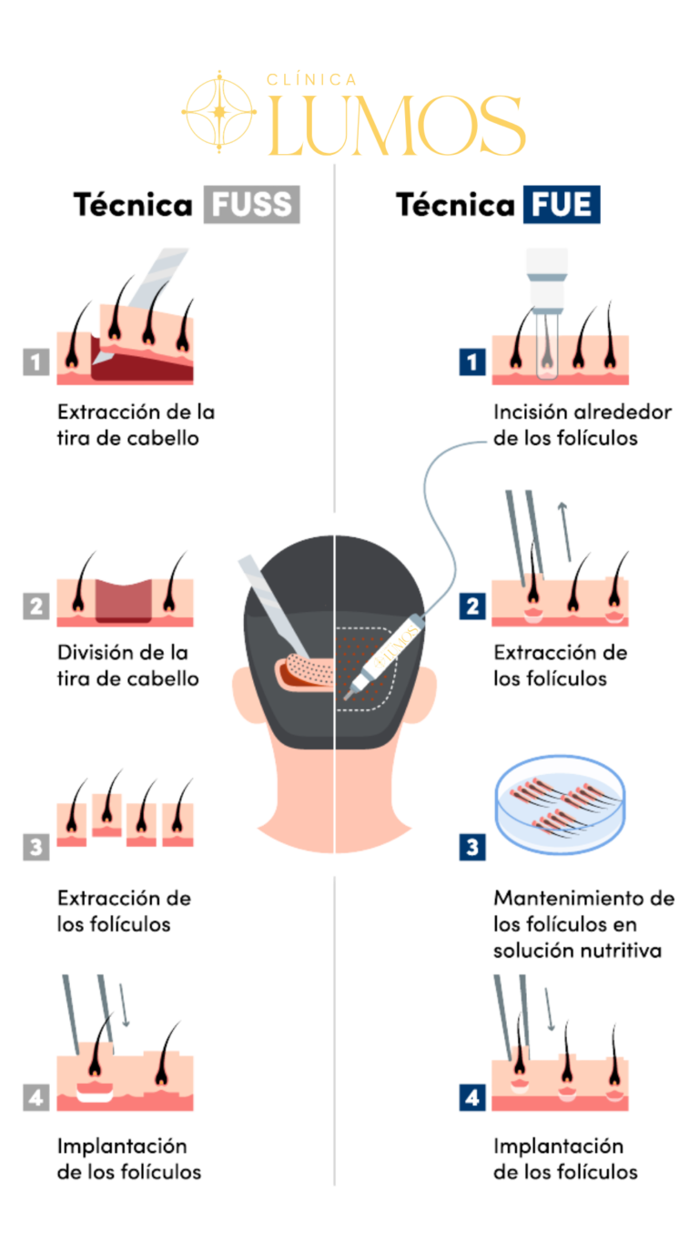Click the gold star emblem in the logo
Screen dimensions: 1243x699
(218, 112)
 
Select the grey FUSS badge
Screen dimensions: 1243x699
(251, 206)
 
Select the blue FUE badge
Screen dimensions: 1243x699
(562, 206)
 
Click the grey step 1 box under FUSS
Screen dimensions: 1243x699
(35, 362)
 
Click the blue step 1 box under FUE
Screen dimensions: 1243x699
(471, 362)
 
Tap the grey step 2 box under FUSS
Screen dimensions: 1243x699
(35, 606)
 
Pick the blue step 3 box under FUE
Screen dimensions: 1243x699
(471, 848)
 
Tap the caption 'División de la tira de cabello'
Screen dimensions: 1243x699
(128, 666)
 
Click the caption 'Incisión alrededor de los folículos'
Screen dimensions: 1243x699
(582, 424)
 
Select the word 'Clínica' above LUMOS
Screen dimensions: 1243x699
(310, 80)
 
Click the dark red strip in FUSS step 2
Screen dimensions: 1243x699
(124, 599)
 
